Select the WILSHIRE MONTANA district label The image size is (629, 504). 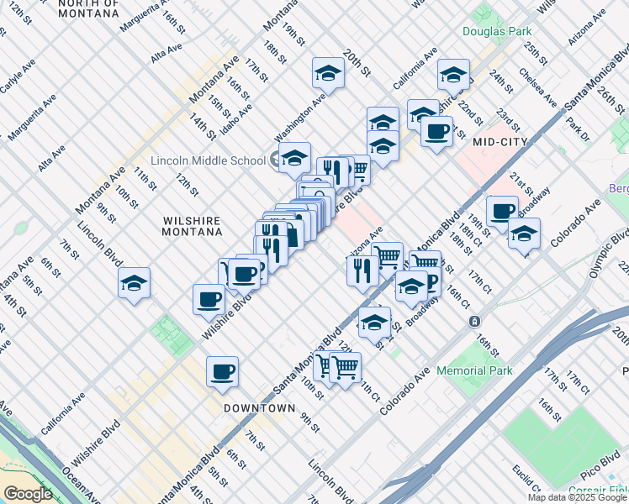coord(191,227)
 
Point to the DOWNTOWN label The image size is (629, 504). coord(259,408)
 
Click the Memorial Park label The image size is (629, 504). coord(473,370)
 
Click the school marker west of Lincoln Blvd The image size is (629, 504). coord(134,284)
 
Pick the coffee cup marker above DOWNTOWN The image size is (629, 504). coord(222,370)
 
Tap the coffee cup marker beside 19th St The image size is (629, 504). coord(502,211)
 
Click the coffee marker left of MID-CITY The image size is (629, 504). coord(436,131)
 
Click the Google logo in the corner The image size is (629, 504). coord(28,494)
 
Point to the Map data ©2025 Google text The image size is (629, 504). coord(577,497)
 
